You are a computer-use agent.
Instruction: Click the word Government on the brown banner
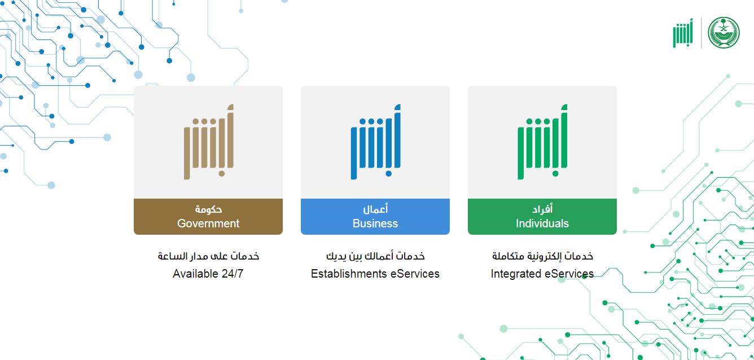point(208,223)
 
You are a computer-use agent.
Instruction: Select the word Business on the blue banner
point(375,223)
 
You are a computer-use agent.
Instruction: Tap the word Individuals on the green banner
point(542,223)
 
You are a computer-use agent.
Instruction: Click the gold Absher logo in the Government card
point(209,142)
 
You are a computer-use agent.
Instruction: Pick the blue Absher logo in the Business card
point(376,142)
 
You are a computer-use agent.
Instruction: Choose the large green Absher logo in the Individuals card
point(542,142)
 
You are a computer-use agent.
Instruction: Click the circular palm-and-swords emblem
point(724,33)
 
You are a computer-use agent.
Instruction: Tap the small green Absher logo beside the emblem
point(683,33)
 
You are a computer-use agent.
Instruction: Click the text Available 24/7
point(208,274)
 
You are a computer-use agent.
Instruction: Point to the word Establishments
point(348,274)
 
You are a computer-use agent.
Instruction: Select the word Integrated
point(515,274)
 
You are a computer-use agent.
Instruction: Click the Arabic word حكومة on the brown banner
point(208,209)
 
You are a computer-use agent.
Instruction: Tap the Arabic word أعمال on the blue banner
point(375,209)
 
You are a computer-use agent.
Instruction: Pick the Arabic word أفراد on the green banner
point(542,209)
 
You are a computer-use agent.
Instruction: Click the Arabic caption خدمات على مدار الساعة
point(208,256)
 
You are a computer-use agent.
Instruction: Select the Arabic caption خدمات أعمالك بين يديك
point(375,256)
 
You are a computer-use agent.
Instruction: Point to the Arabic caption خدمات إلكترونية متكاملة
point(542,256)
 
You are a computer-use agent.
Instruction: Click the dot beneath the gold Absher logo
point(221,174)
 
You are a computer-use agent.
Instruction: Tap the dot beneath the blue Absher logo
point(388,174)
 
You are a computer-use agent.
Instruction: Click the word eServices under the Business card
point(415,274)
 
